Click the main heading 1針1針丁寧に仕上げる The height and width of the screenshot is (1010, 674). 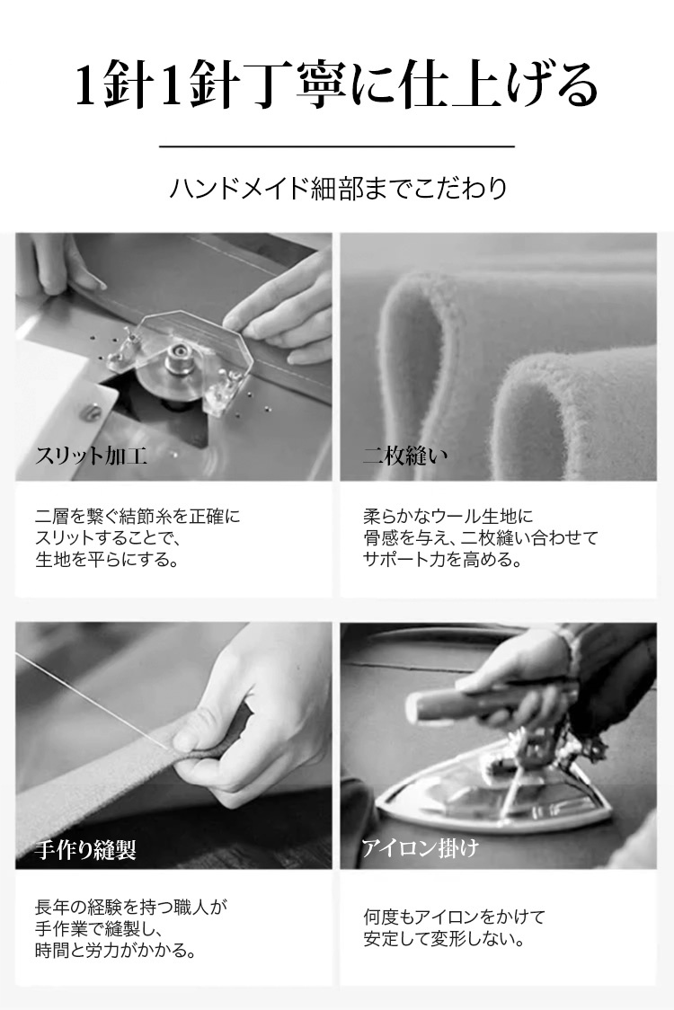coord(337,84)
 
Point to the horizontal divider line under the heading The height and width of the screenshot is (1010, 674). coord(337,146)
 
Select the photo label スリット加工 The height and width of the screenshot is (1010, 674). coord(91,456)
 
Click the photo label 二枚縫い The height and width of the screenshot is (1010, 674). coord(404,456)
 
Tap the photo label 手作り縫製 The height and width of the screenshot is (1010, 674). coord(85,850)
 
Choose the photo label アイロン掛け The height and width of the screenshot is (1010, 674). coord(420,847)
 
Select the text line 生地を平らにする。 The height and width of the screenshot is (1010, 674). coord(107,559)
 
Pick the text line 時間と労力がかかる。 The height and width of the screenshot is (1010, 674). coord(116,950)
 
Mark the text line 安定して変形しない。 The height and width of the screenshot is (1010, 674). coord(445,938)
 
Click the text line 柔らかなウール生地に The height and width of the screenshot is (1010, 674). coord(448,516)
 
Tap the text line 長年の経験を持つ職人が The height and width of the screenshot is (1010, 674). coord(131,908)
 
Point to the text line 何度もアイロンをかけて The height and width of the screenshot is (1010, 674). coord(454,917)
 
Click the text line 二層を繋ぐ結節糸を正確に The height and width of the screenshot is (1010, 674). coord(137,516)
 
